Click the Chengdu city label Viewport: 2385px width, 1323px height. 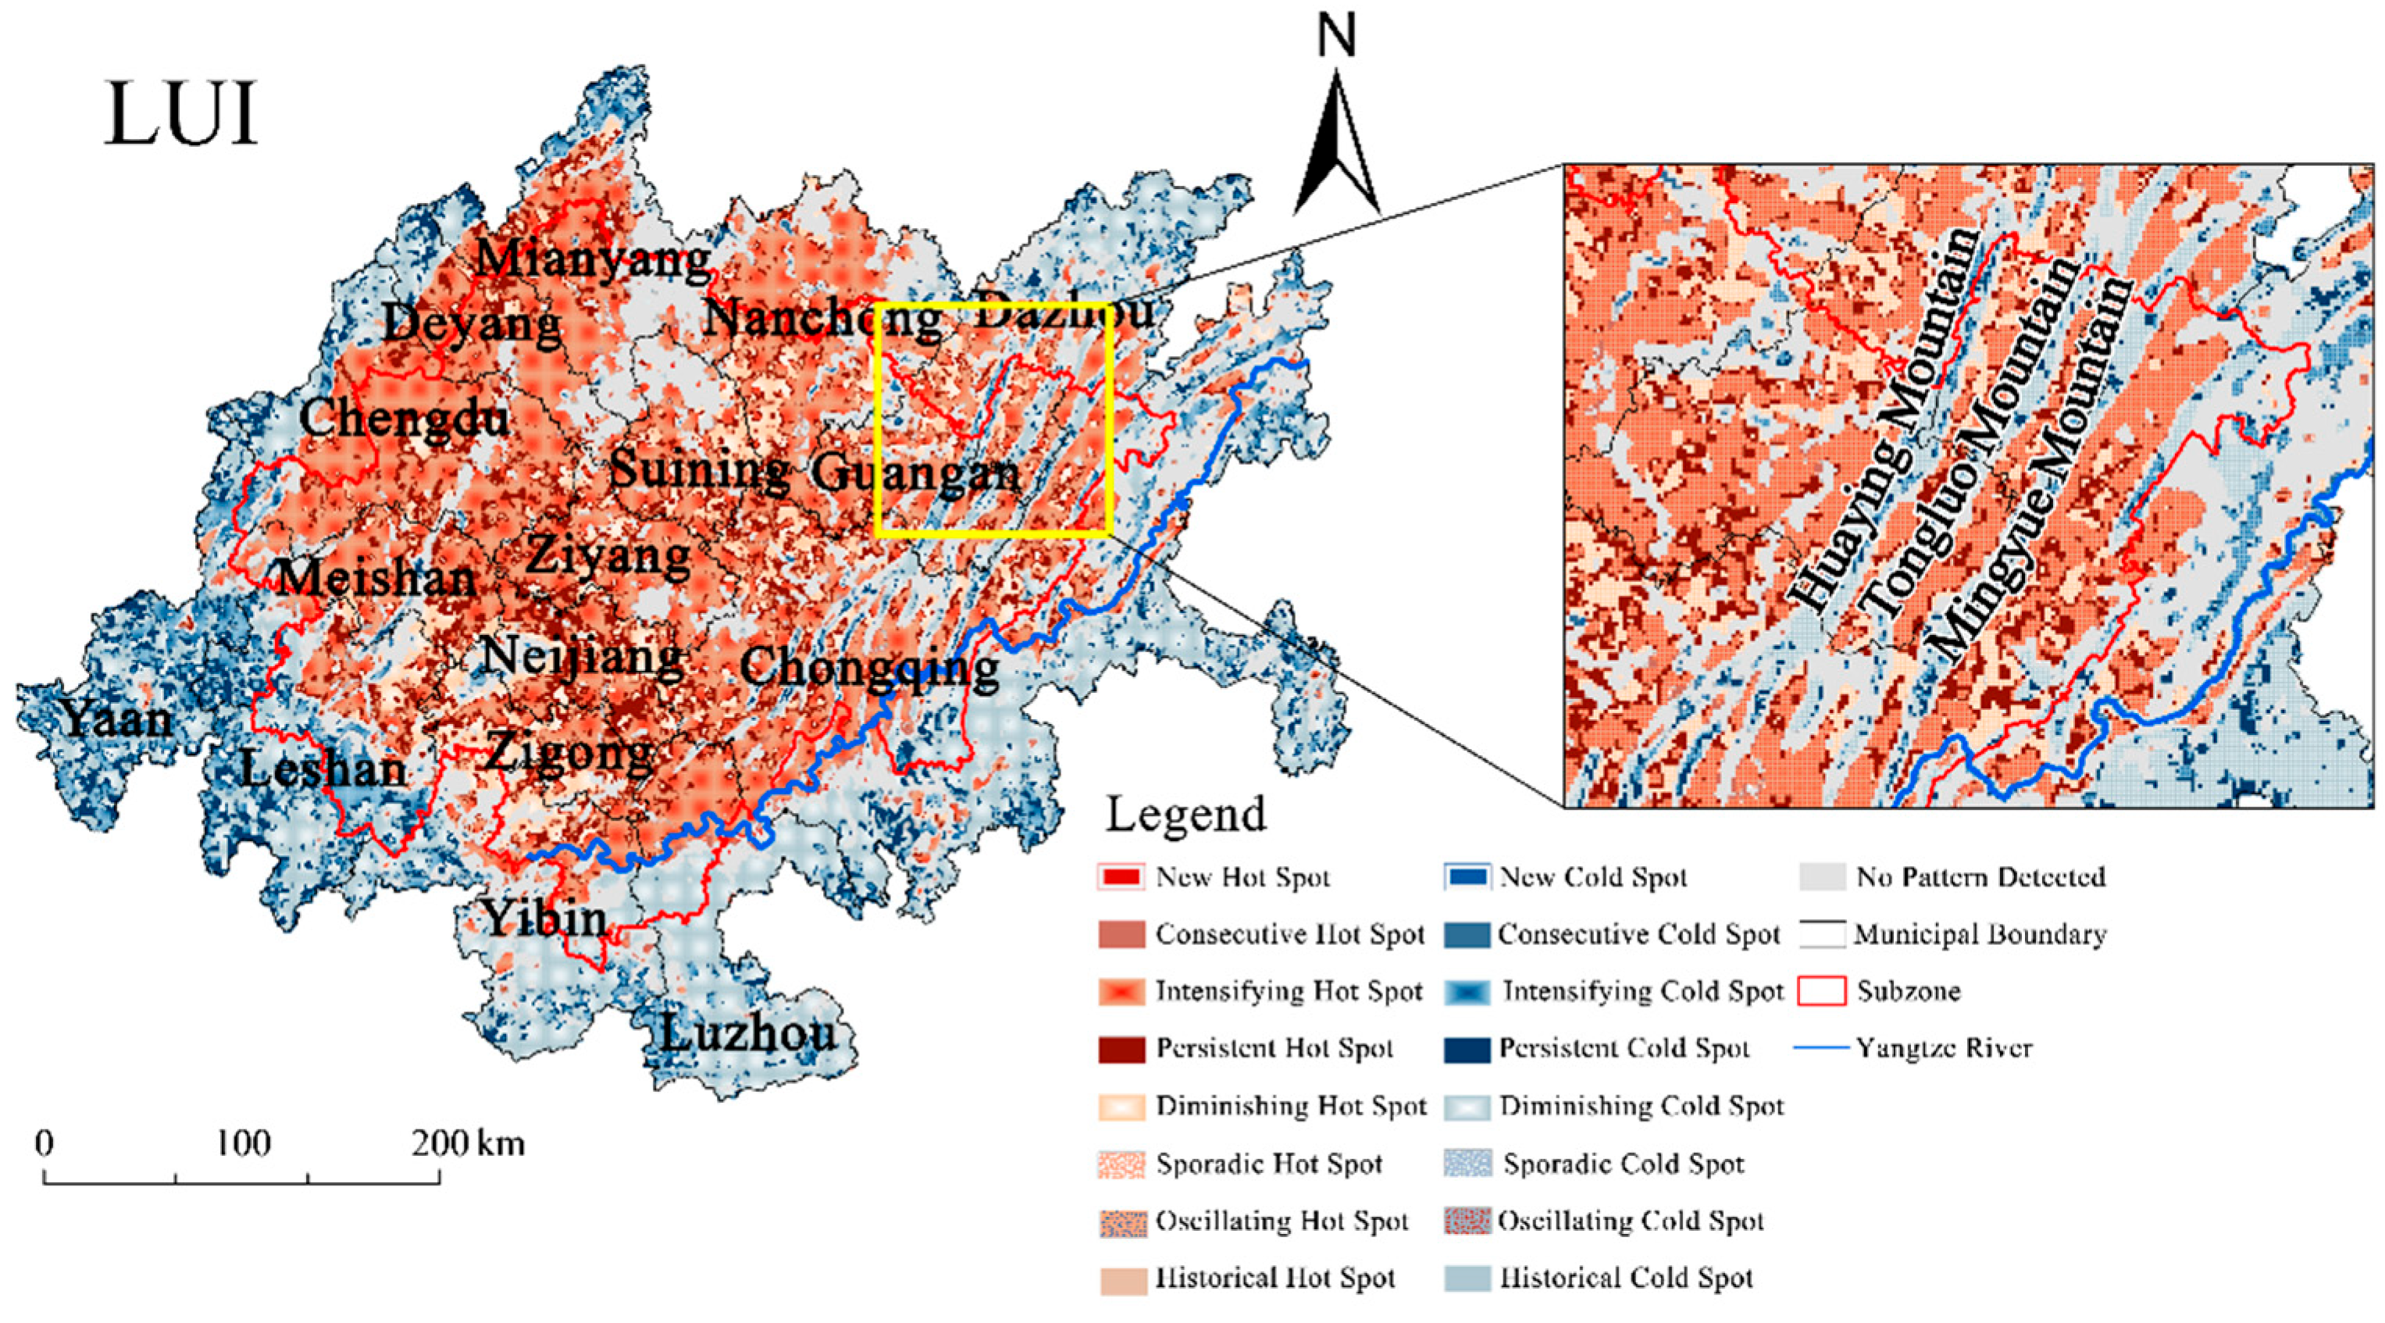[x=404, y=419]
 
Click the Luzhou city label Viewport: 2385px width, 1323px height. [x=748, y=1033]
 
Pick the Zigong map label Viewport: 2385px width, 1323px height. [x=569, y=752]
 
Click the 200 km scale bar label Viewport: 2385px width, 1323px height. [x=468, y=1143]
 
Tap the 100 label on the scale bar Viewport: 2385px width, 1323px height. [x=243, y=1143]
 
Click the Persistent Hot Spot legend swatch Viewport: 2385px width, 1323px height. [x=1122, y=1049]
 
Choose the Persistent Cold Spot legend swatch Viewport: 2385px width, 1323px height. [x=1467, y=1049]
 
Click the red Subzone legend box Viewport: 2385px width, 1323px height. [x=1821, y=992]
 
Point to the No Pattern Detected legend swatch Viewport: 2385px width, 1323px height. [x=1821, y=877]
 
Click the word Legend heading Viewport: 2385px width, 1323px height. [x=1185, y=815]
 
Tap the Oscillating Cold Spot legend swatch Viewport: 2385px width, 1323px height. [x=1467, y=1221]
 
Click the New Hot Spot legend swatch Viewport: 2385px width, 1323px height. [x=1122, y=877]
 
